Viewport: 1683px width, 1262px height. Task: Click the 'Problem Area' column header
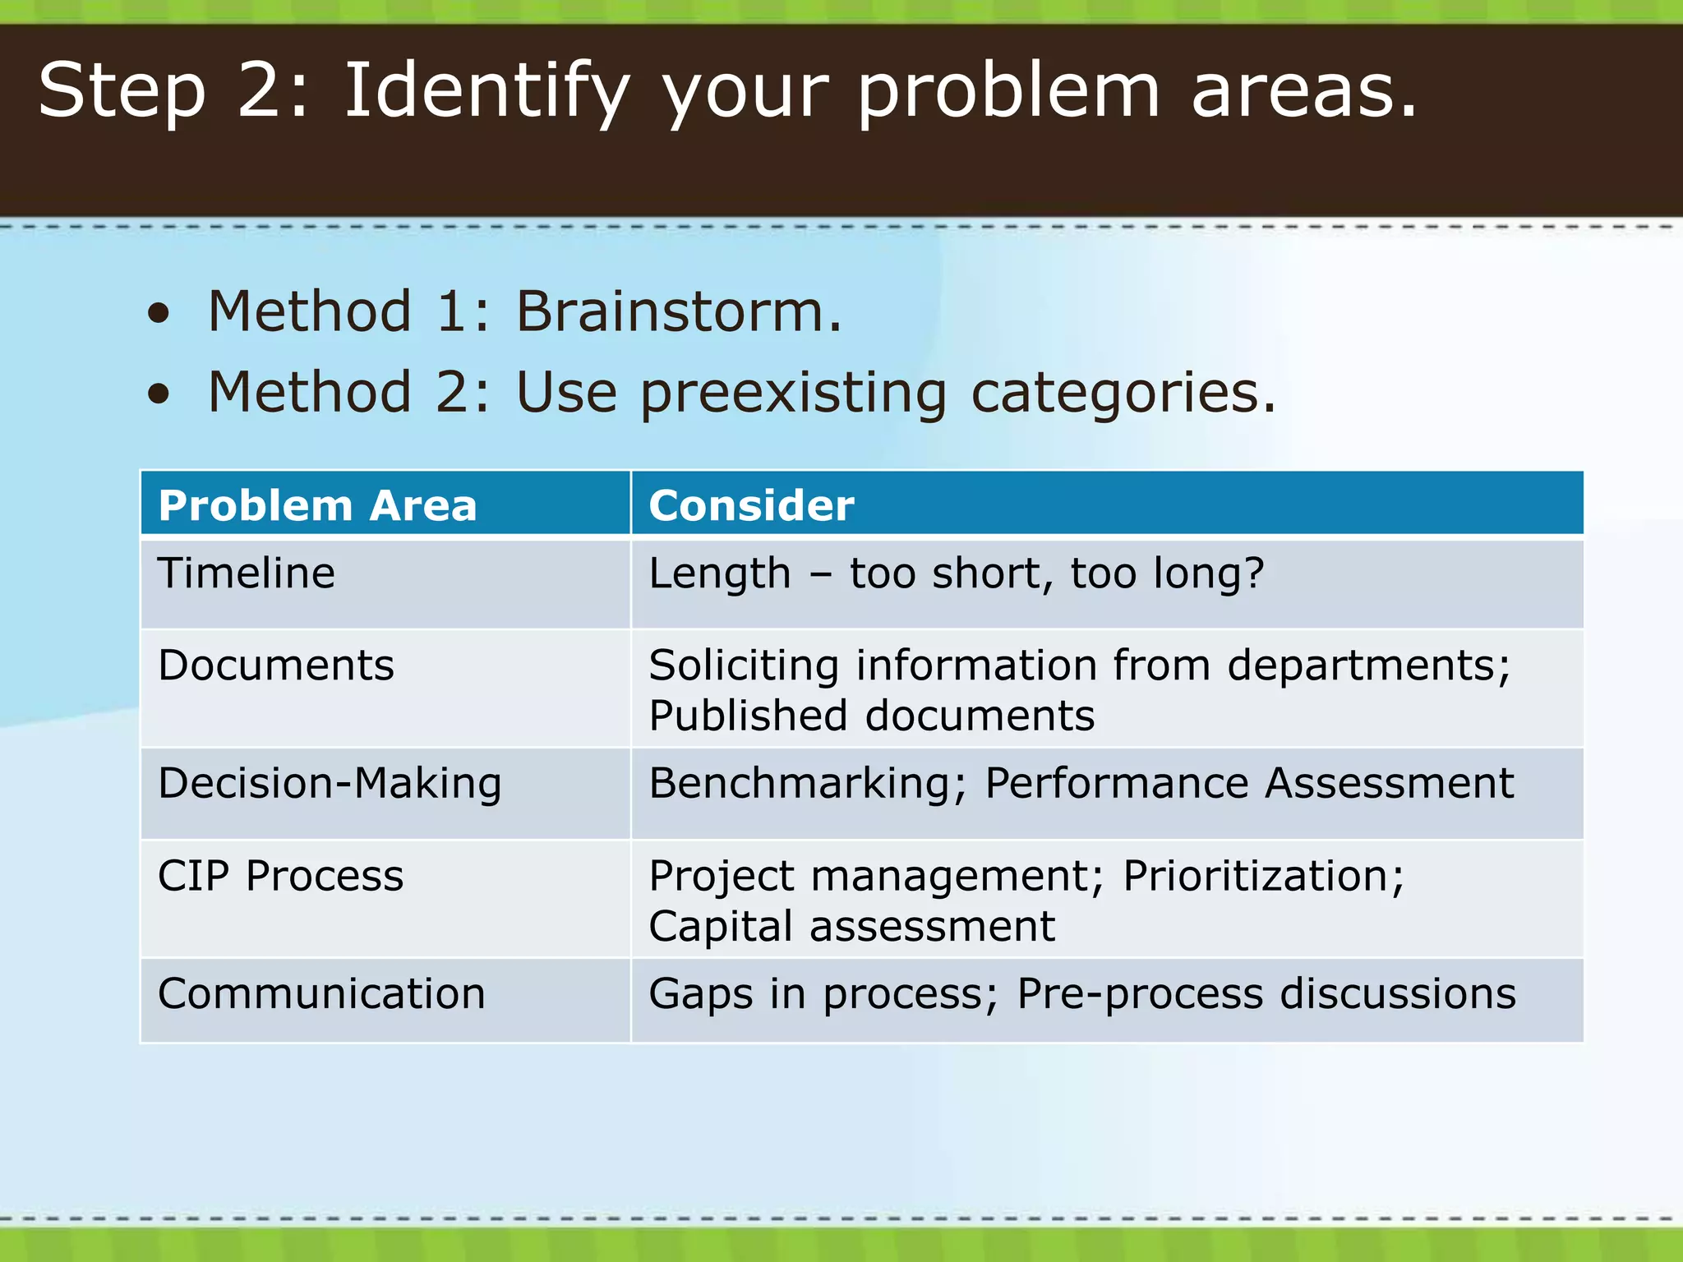pyautogui.click(x=317, y=505)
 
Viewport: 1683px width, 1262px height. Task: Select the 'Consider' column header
pyautogui.click(x=751, y=505)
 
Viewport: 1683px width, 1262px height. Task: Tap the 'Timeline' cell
pyautogui.click(x=247, y=573)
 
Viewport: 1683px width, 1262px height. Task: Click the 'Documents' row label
pyautogui.click(x=276, y=665)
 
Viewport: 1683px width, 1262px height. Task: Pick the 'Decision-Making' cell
pyautogui.click(x=330, y=783)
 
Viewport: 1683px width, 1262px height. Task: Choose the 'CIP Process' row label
pyautogui.click(x=280, y=876)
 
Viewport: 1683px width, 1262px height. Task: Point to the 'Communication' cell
pyautogui.click(x=321, y=994)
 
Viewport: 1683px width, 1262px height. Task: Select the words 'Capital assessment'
pyautogui.click(x=851, y=927)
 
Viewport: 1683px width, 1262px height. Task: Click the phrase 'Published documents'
pyautogui.click(x=871, y=716)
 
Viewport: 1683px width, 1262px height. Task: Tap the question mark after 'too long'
pyautogui.click(x=1254, y=573)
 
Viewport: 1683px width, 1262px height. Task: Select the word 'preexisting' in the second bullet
pyautogui.click(x=793, y=393)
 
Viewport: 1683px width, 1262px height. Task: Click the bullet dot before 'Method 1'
pyautogui.click(x=159, y=314)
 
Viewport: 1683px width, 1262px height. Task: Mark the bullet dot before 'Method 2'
pyautogui.click(x=159, y=394)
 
